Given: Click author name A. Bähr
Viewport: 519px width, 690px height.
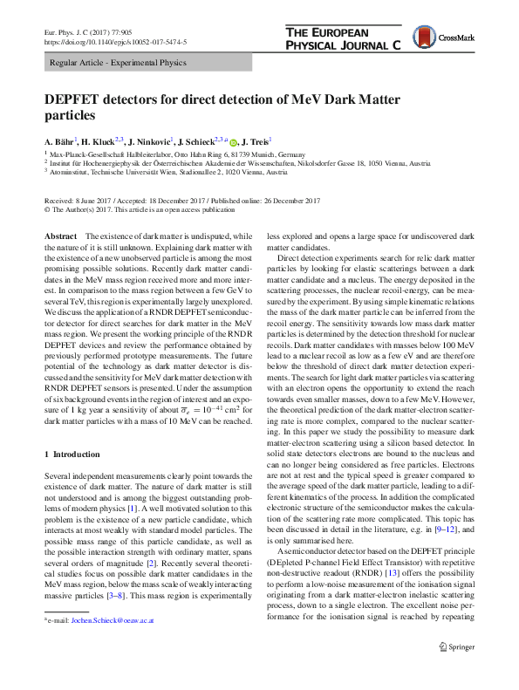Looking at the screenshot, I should (60, 140).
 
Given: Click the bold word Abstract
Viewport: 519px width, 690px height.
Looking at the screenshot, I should (59, 237).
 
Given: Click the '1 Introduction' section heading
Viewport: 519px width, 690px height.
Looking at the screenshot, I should (72, 454).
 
